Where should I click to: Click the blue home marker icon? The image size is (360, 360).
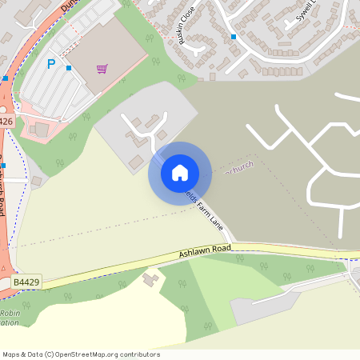179,173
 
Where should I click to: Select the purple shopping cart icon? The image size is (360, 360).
102,69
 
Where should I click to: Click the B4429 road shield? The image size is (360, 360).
26,282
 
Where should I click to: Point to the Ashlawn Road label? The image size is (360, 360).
205,251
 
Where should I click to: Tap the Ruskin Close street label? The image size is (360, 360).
186,29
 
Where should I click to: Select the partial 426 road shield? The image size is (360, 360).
6,121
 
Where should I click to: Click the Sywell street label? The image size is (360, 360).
306,13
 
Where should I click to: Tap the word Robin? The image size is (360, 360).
10,314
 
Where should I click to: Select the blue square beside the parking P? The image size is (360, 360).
69,68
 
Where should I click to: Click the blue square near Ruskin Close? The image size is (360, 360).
234,37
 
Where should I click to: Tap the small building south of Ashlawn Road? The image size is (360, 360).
150,279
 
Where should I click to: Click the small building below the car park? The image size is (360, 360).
39,129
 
